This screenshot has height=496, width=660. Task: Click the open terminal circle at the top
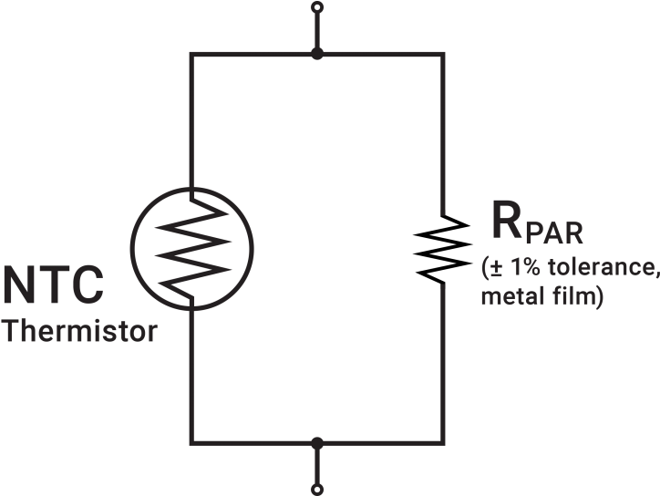[317, 7]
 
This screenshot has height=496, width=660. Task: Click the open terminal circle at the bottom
[317, 490]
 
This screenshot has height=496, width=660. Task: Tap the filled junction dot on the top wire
[317, 54]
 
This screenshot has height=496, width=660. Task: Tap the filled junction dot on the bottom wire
[317, 443]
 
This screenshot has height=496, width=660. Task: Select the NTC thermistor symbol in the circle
[192, 249]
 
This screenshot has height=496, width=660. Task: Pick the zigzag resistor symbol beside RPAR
[443, 248]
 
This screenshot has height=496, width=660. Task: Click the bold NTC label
[53, 284]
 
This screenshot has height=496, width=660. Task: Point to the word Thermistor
[80, 331]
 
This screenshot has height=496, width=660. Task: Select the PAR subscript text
[554, 232]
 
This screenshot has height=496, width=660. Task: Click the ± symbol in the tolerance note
[497, 267]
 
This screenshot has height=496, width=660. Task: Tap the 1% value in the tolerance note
[524, 267]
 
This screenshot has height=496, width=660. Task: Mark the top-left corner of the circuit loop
[191, 54]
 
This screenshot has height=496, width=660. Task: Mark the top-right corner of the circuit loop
[443, 54]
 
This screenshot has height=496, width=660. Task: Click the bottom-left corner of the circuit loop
[191, 443]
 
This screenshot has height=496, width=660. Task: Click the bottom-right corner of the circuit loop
[443, 443]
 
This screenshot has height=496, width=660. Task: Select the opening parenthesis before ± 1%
[485, 268]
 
